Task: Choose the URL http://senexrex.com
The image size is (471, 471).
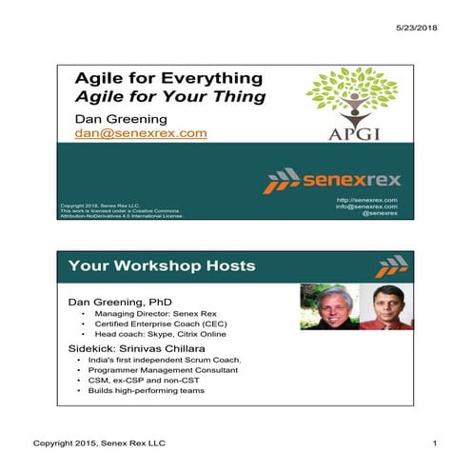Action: pos(368,200)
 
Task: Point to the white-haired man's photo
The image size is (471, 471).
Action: pos(327,307)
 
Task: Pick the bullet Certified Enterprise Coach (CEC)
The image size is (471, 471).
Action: pos(161,324)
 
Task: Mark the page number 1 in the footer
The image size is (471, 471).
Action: pos(433,445)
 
